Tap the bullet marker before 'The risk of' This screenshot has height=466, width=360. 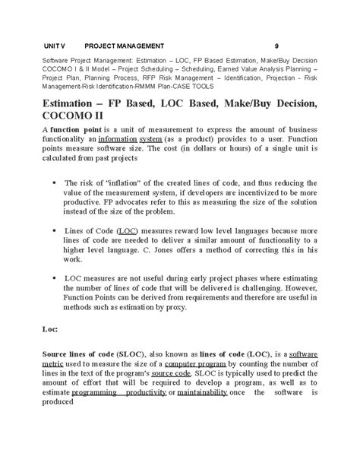52,183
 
